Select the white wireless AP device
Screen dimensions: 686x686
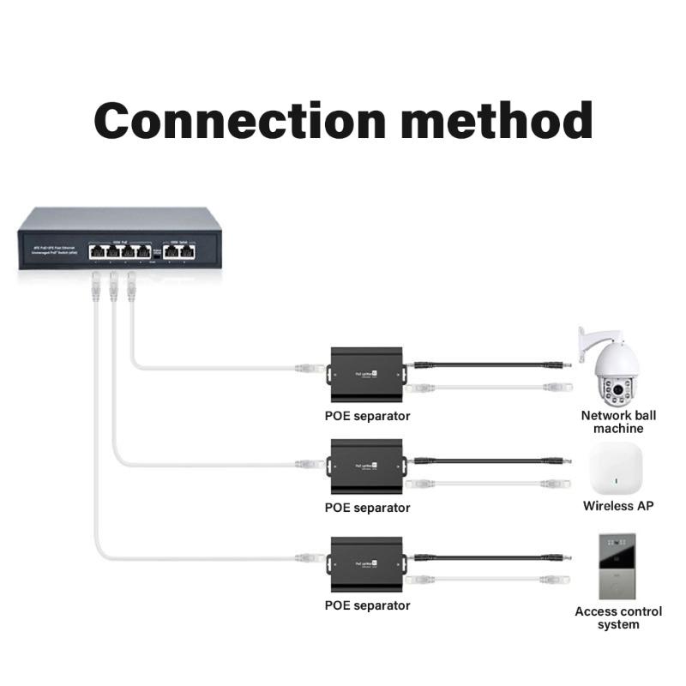point(616,467)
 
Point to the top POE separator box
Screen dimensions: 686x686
point(367,374)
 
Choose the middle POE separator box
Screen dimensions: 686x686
point(367,466)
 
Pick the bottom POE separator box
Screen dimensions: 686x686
point(367,563)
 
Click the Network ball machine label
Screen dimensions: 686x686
point(618,421)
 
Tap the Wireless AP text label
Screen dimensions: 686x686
point(618,506)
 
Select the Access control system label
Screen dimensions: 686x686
point(618,617)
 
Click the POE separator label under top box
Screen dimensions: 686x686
point(367,416)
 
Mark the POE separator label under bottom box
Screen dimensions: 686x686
point(367,605)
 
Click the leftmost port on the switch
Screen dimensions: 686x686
point(97,251)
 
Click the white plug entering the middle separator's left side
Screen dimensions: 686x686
point(307,464)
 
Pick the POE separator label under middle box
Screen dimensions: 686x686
point(367,508)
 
